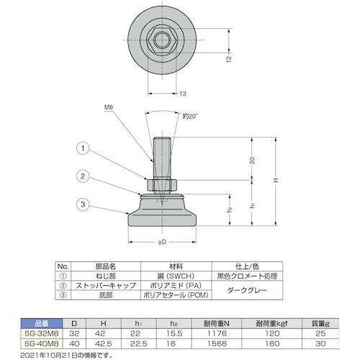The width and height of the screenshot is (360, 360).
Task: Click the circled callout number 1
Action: [x=84, y=149]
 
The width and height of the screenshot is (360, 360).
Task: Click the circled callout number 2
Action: [x=84, y=176]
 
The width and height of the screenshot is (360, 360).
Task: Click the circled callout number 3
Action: [x=84, y=205]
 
